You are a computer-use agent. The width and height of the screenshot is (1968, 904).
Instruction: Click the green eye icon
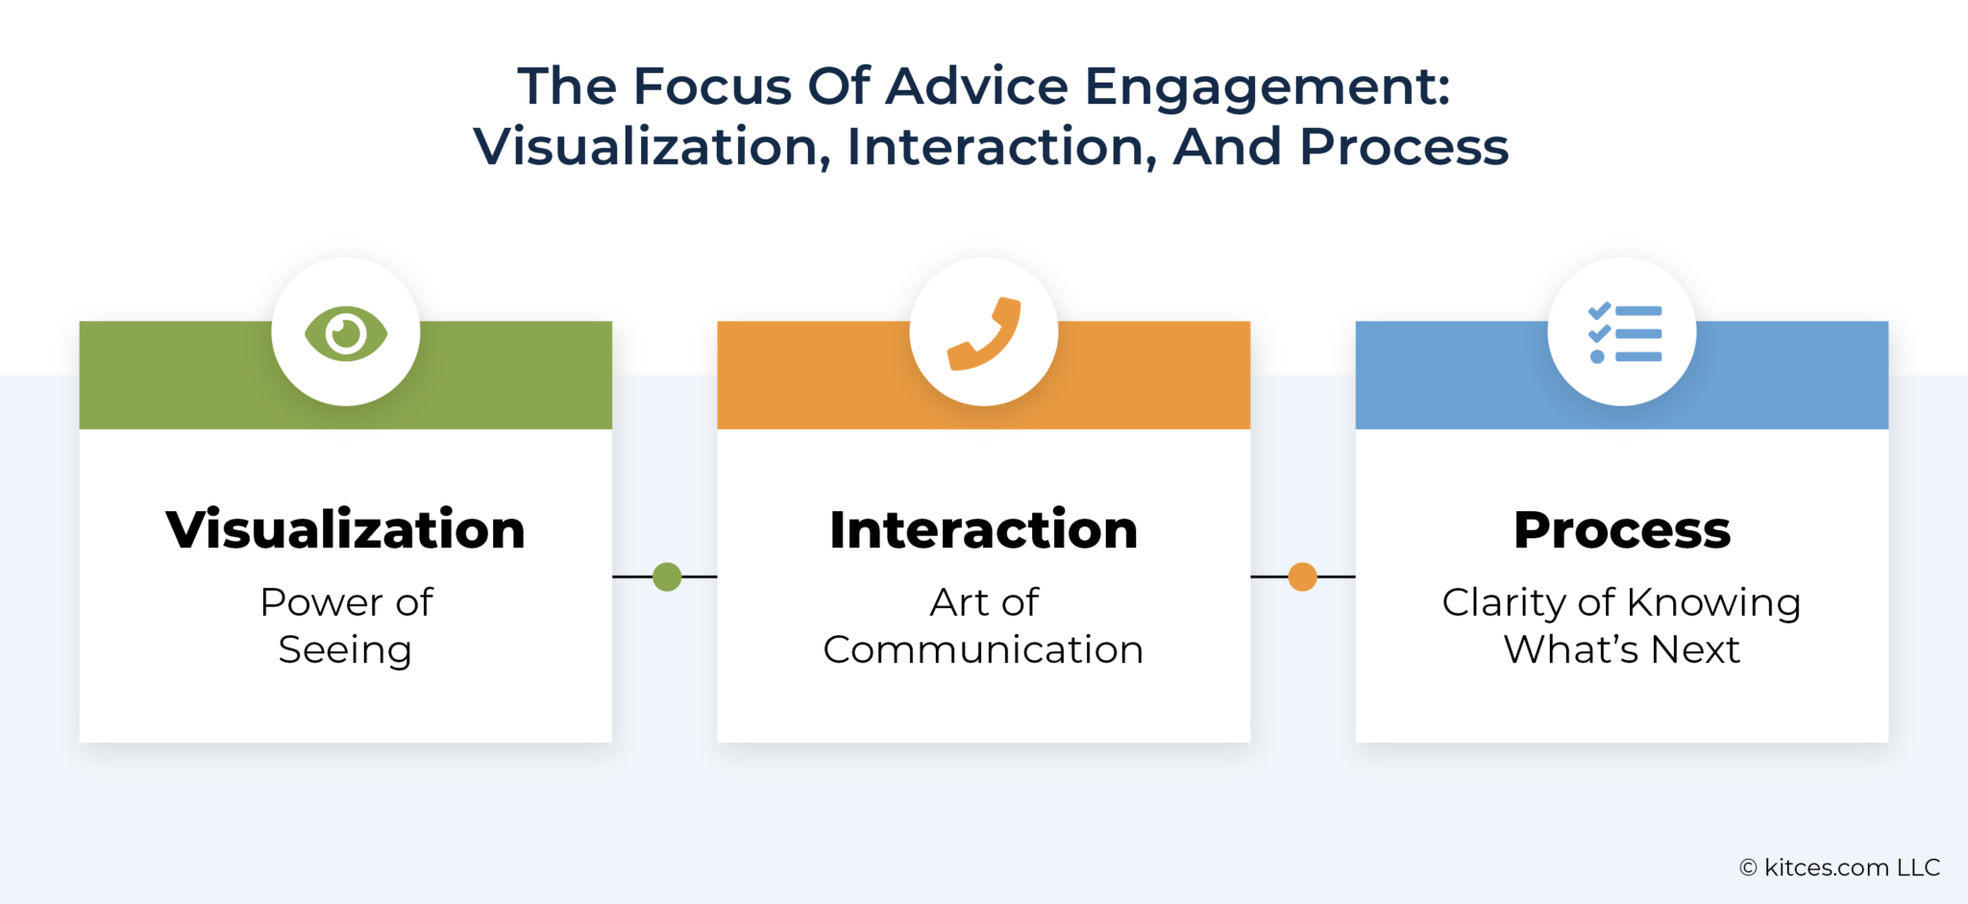point(346,333)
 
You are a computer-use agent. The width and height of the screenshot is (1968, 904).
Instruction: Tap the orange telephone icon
point(984,333)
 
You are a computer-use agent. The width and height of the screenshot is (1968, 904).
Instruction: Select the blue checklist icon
point(1623,333)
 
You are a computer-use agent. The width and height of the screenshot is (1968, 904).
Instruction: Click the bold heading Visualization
point(346,529)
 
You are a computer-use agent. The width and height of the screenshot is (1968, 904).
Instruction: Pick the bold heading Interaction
point(984,529)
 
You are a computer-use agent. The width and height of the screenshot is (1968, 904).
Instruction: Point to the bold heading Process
point(1622,529)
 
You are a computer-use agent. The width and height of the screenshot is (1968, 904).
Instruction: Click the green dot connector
point(667,576)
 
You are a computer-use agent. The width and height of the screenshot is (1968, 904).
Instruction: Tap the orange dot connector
point(1302,576)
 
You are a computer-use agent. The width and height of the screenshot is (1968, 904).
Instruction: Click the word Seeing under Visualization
point(345,651)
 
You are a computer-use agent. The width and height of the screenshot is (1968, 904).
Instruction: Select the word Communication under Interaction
point(983,649)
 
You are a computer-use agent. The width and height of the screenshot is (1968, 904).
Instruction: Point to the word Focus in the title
point(712,86)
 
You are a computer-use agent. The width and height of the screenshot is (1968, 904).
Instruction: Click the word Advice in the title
point(976,86)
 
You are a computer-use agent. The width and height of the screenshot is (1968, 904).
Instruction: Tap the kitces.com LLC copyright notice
point(1839,867)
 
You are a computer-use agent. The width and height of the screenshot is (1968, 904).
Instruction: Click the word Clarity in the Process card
point(1504,603)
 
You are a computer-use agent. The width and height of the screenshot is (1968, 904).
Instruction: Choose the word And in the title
point(1226,147)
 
